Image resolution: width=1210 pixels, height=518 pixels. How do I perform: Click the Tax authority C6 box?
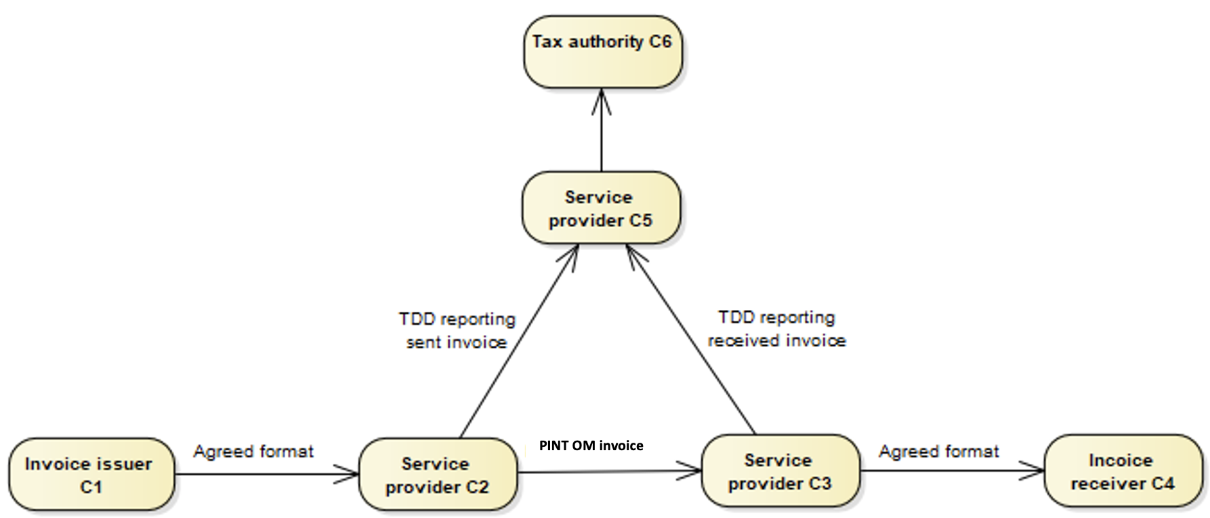click(602, 52)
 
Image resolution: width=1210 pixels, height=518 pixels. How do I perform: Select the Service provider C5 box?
click(600, 207)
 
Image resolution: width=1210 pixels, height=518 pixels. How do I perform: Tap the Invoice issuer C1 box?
click(91, 475)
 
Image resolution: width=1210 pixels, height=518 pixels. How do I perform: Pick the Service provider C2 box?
click(437, 475)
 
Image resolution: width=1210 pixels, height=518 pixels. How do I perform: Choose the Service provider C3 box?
click(780, 471)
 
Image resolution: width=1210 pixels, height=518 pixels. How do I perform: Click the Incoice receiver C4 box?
click(1123, 471)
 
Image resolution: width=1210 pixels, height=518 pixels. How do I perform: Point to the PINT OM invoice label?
click(591, 445)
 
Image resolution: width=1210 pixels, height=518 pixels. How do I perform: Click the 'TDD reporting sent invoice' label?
click(457, 330)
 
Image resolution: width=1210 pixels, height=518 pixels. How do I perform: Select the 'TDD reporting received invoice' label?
click(776, 328)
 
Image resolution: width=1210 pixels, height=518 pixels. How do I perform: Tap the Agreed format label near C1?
click(253, 452)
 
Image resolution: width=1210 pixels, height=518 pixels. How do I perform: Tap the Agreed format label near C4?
click(938, 452)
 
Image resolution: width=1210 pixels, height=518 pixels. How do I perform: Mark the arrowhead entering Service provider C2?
click(348, 475)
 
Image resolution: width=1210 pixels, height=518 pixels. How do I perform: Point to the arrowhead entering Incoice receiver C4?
click(1034, 471)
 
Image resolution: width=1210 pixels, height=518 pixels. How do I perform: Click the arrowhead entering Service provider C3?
click(691, 470)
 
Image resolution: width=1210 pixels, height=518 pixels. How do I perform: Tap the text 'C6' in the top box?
click(660, 42)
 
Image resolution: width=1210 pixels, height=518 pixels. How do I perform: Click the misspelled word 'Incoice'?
click(1121, 460)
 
